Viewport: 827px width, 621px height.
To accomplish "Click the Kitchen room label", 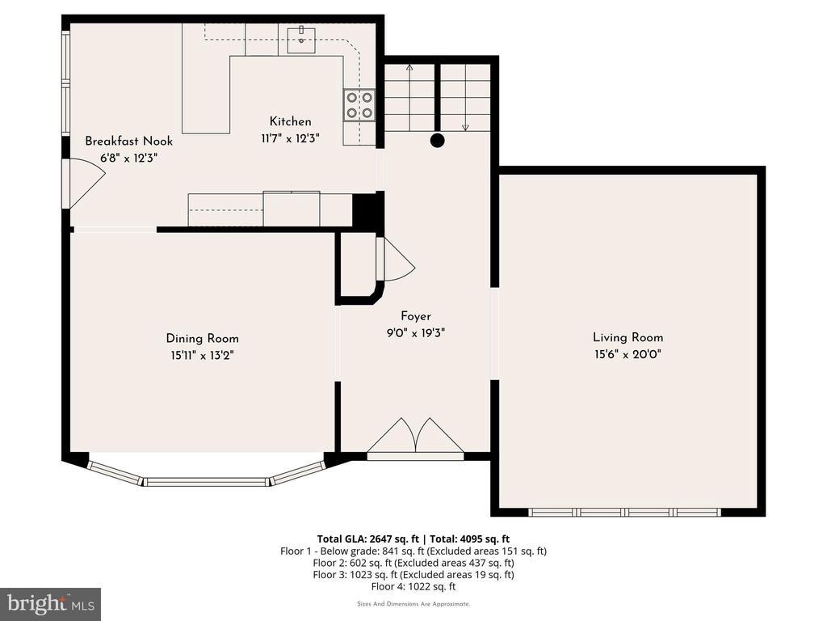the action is (x=290, y=121).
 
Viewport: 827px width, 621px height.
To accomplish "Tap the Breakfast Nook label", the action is (x=128, y=141).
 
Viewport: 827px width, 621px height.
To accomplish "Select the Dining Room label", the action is (x=202, y=339).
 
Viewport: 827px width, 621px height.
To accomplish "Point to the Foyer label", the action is (x=416, y=316).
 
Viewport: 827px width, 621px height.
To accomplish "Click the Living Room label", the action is (x=628, y=337).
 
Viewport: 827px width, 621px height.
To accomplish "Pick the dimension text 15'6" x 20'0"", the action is (x=628, y=354).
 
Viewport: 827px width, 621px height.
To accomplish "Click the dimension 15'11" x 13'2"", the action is (x=202, y=356).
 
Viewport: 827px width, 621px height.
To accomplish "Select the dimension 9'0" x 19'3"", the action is (x=416, y=333).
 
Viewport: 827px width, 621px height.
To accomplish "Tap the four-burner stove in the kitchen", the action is (x=359, y=105).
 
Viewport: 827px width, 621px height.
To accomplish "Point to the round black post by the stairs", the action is (x=437, y=141).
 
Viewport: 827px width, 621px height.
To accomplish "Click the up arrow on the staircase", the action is (x=409, y=98).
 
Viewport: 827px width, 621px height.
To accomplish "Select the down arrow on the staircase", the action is (x=465, y=98).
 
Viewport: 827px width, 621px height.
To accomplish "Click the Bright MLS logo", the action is (x=51, y=603).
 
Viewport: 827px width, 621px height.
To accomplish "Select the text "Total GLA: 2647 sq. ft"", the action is (x=367, y=539).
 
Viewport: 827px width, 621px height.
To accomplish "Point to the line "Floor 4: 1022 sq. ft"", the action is (x=413, y=587).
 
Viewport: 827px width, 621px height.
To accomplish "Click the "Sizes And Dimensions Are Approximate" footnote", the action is (x=413, y=604).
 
